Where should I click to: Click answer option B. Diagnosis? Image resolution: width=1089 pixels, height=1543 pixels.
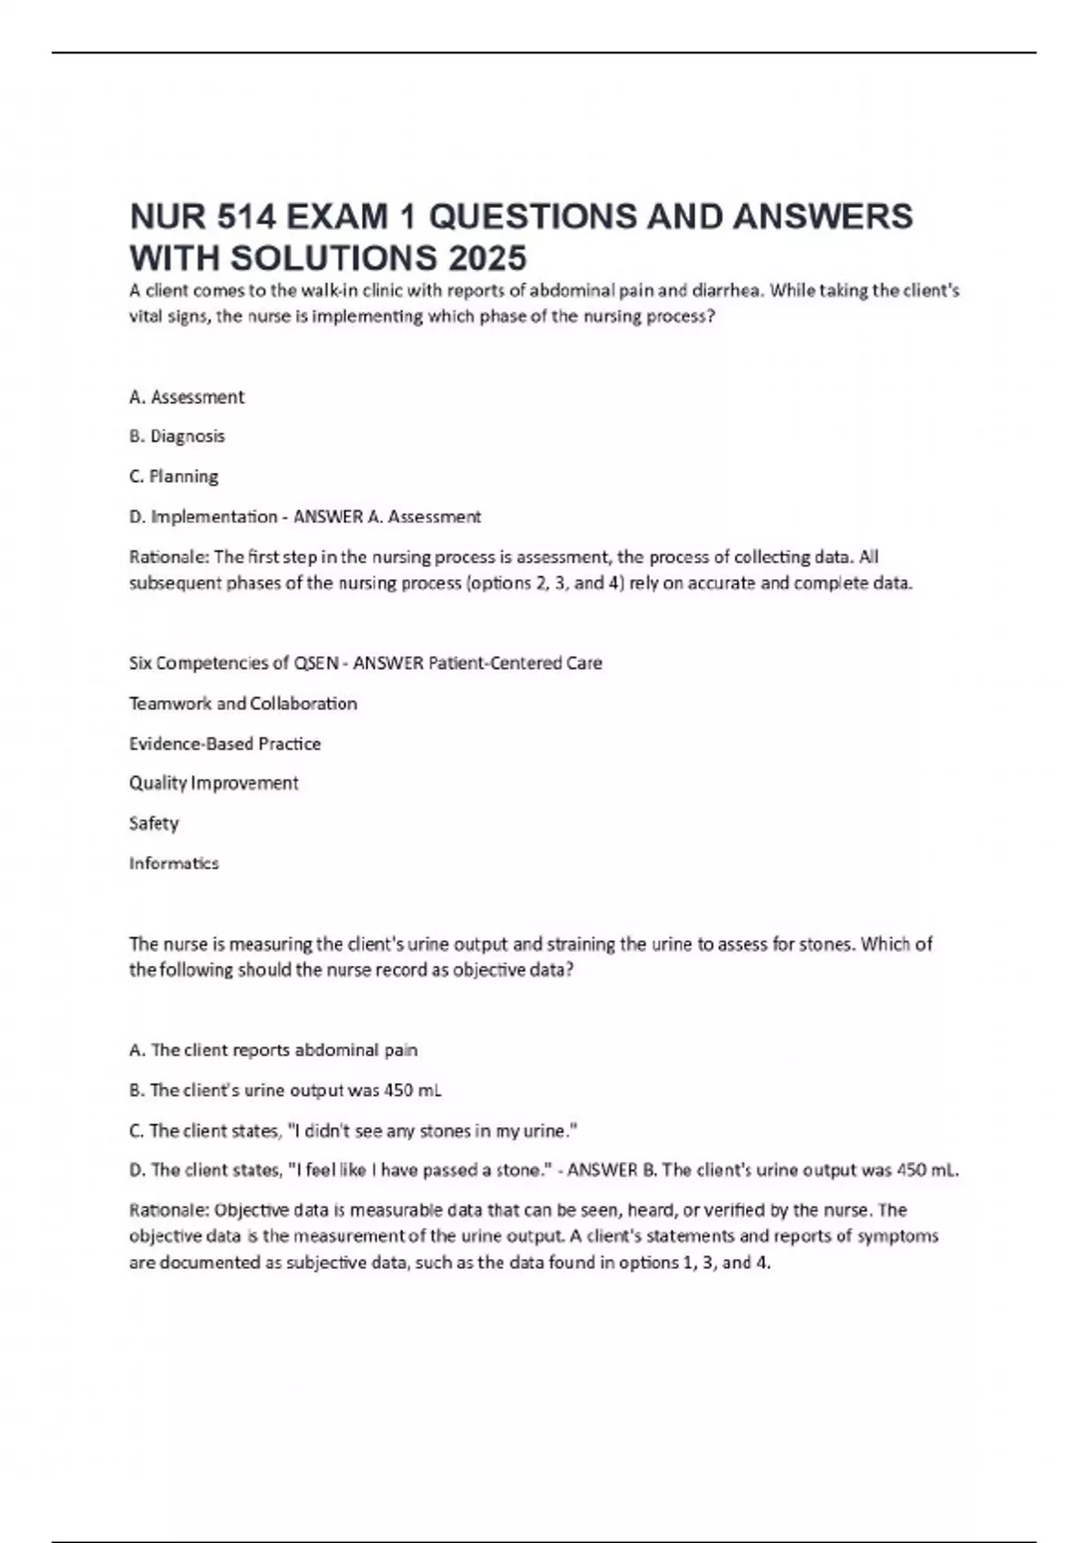click(x=177, y=437)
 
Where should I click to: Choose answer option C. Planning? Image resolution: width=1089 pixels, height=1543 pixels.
click(x=173, y=477)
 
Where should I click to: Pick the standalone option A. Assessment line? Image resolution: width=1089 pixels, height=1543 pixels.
click(x=186, y=397)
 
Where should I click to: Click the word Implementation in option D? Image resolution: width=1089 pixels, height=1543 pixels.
click(x=214, y=516)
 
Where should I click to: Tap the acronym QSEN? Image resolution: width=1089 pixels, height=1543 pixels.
click(x=316, y=663)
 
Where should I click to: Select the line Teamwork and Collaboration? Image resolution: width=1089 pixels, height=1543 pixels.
click(x=243, y=703)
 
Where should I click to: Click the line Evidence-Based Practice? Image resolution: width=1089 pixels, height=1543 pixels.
click(x=225, y=743)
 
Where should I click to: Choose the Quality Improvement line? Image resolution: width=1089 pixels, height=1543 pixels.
click(x=213, y=782)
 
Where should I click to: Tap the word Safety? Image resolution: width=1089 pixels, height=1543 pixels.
click(x=154, y=823)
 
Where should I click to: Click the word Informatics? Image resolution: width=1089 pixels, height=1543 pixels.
click(x=174, y=863)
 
